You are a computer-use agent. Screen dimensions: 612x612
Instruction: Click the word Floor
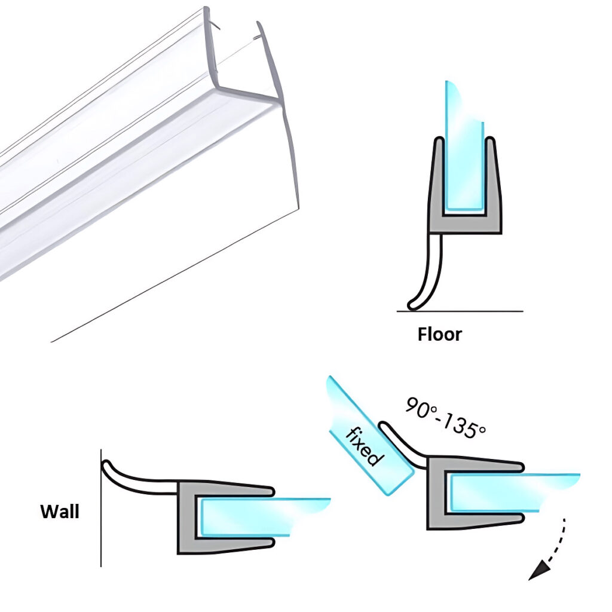(439, 333)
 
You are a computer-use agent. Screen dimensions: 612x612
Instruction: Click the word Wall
(59, 512)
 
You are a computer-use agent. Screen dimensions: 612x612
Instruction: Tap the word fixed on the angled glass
(363, 445)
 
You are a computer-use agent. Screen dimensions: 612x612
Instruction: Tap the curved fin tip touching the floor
(411, 305)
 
